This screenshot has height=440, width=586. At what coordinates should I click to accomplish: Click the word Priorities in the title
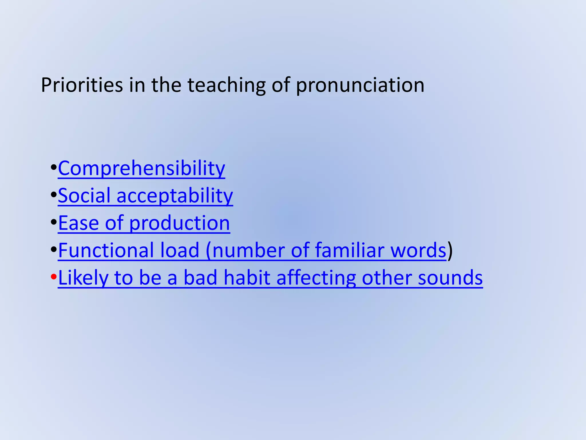pyautogui.click(x=82, y=85)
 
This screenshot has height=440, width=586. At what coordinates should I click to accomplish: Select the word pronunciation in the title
pyautogui.click(x=360, y=86)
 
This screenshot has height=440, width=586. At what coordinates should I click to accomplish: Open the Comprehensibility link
pyautogui.click(x=141, y=168)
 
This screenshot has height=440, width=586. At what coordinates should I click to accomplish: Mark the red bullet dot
pyautogui.click(x=54, y=277)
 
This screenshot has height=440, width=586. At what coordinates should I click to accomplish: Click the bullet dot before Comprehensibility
pyautogui.click(x=54, y=168)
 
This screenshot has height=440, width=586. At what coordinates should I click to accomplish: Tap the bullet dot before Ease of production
pyautogui.click(x=54, y=222)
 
